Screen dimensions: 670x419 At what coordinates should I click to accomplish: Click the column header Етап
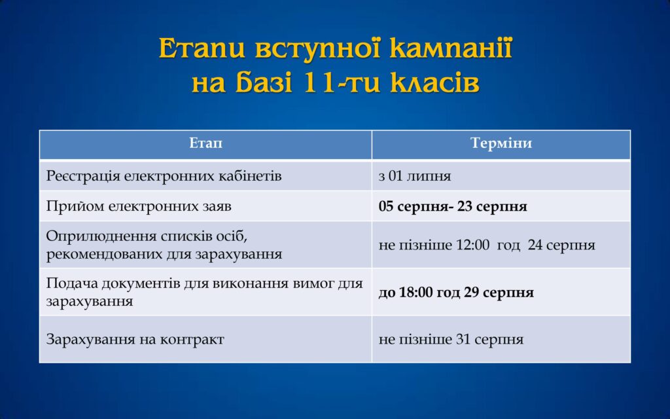pos(205,143)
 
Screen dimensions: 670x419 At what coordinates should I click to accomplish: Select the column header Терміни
pos(501,143)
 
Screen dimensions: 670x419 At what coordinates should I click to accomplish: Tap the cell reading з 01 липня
pos(414,176)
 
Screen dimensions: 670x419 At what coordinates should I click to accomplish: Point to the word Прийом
pos(75,206)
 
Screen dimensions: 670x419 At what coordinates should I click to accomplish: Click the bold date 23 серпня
pos(492,206)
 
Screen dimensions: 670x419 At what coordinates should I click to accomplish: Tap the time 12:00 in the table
pos(472,245)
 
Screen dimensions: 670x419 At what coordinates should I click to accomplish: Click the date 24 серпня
pos(561,245)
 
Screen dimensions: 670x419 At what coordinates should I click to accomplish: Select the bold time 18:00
pos(415,293)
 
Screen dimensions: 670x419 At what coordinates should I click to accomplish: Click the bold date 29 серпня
pos(499,293)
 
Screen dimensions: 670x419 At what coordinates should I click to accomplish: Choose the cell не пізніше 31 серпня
pos(451,340)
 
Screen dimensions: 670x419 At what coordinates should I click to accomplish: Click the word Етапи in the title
pos(202,48)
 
